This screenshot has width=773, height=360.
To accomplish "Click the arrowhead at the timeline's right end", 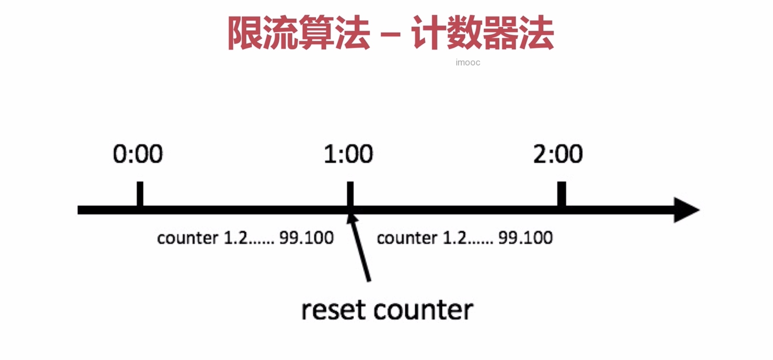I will pyautogui.click(x=685, y=210).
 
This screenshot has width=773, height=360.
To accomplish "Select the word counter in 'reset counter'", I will pyautogui.click(x=424, y=310).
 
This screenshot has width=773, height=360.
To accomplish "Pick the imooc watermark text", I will pyautogui.click(x=468, y=63).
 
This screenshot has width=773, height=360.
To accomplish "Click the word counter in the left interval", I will pyautogui.click(x=188, y=238).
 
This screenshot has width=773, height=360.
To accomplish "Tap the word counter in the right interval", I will pyautogui.click(x=407, y=238).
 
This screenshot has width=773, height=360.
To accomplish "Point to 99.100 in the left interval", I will pyautogui.click(x=306, y=238).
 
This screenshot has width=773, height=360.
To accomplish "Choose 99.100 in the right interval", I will pyautogui.click(x=525, y=238).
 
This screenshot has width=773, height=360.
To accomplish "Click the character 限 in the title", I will pyautogui.click(x=246, y=33).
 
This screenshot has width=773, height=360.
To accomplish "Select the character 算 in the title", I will pyautogui.click(x=316, y=33).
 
